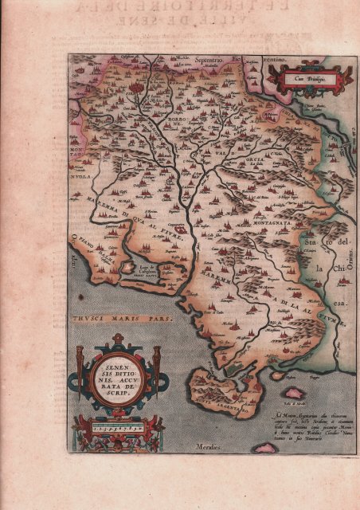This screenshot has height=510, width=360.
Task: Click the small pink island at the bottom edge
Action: pos(264,448)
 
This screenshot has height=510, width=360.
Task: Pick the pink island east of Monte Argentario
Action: pos(294,394)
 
